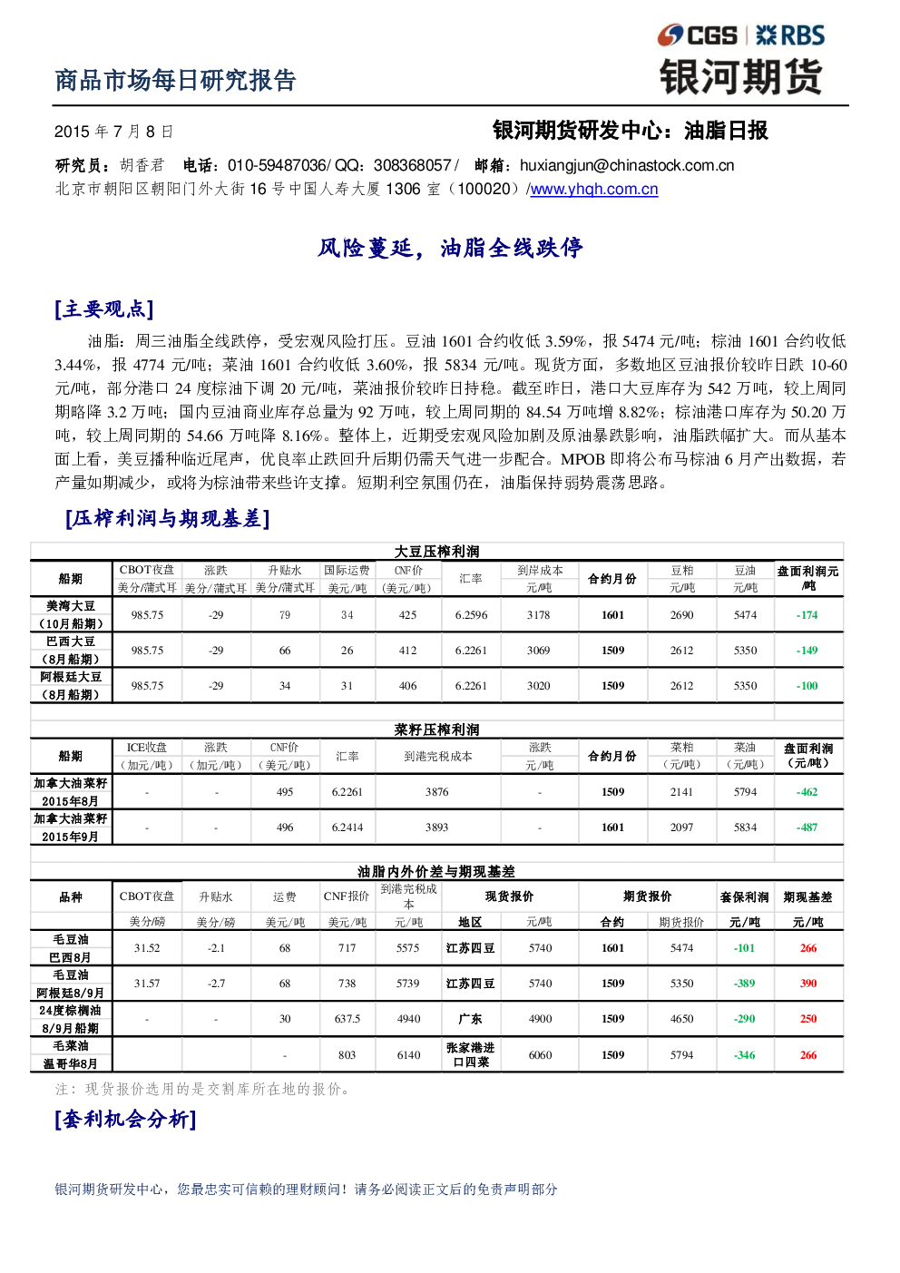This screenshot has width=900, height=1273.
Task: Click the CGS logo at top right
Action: click(x=697, y=35)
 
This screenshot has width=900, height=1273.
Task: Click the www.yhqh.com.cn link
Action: click(x=593, y=190)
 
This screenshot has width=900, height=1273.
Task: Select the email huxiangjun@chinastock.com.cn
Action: click(x=627, y=165)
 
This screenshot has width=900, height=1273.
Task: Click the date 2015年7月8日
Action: click(x=113, y=132)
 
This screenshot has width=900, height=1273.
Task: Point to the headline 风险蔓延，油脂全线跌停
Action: click(x=450, y=248)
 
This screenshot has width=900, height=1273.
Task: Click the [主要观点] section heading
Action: click(x=104, y=309)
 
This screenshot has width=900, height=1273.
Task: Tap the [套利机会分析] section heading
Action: click(x=125, y=1121)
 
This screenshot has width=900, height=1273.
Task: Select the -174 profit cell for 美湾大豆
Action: click(x=807, y=615)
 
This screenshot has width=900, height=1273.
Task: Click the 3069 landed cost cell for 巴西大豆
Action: click(x=538, y=651)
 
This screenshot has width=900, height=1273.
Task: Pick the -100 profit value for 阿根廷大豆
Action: click(x=807, y=686)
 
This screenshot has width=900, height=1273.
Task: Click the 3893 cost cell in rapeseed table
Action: click(x=437, y=827)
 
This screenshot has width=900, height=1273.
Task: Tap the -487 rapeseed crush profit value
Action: click(x=807, y=827)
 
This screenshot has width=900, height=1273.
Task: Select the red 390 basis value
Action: click(x=808, y=984)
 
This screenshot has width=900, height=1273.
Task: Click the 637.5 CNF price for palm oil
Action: click(x=347, y=1019)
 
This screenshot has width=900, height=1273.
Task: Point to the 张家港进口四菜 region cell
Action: click(x=471, y=1054)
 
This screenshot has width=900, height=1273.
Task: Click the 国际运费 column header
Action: click(x=347, y=570)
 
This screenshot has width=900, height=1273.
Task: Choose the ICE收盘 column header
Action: click(x=147, y=748)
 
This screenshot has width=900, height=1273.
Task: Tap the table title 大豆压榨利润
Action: click(x=437, y=552)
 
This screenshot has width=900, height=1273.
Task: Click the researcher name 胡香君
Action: click(x=142, y=165)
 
